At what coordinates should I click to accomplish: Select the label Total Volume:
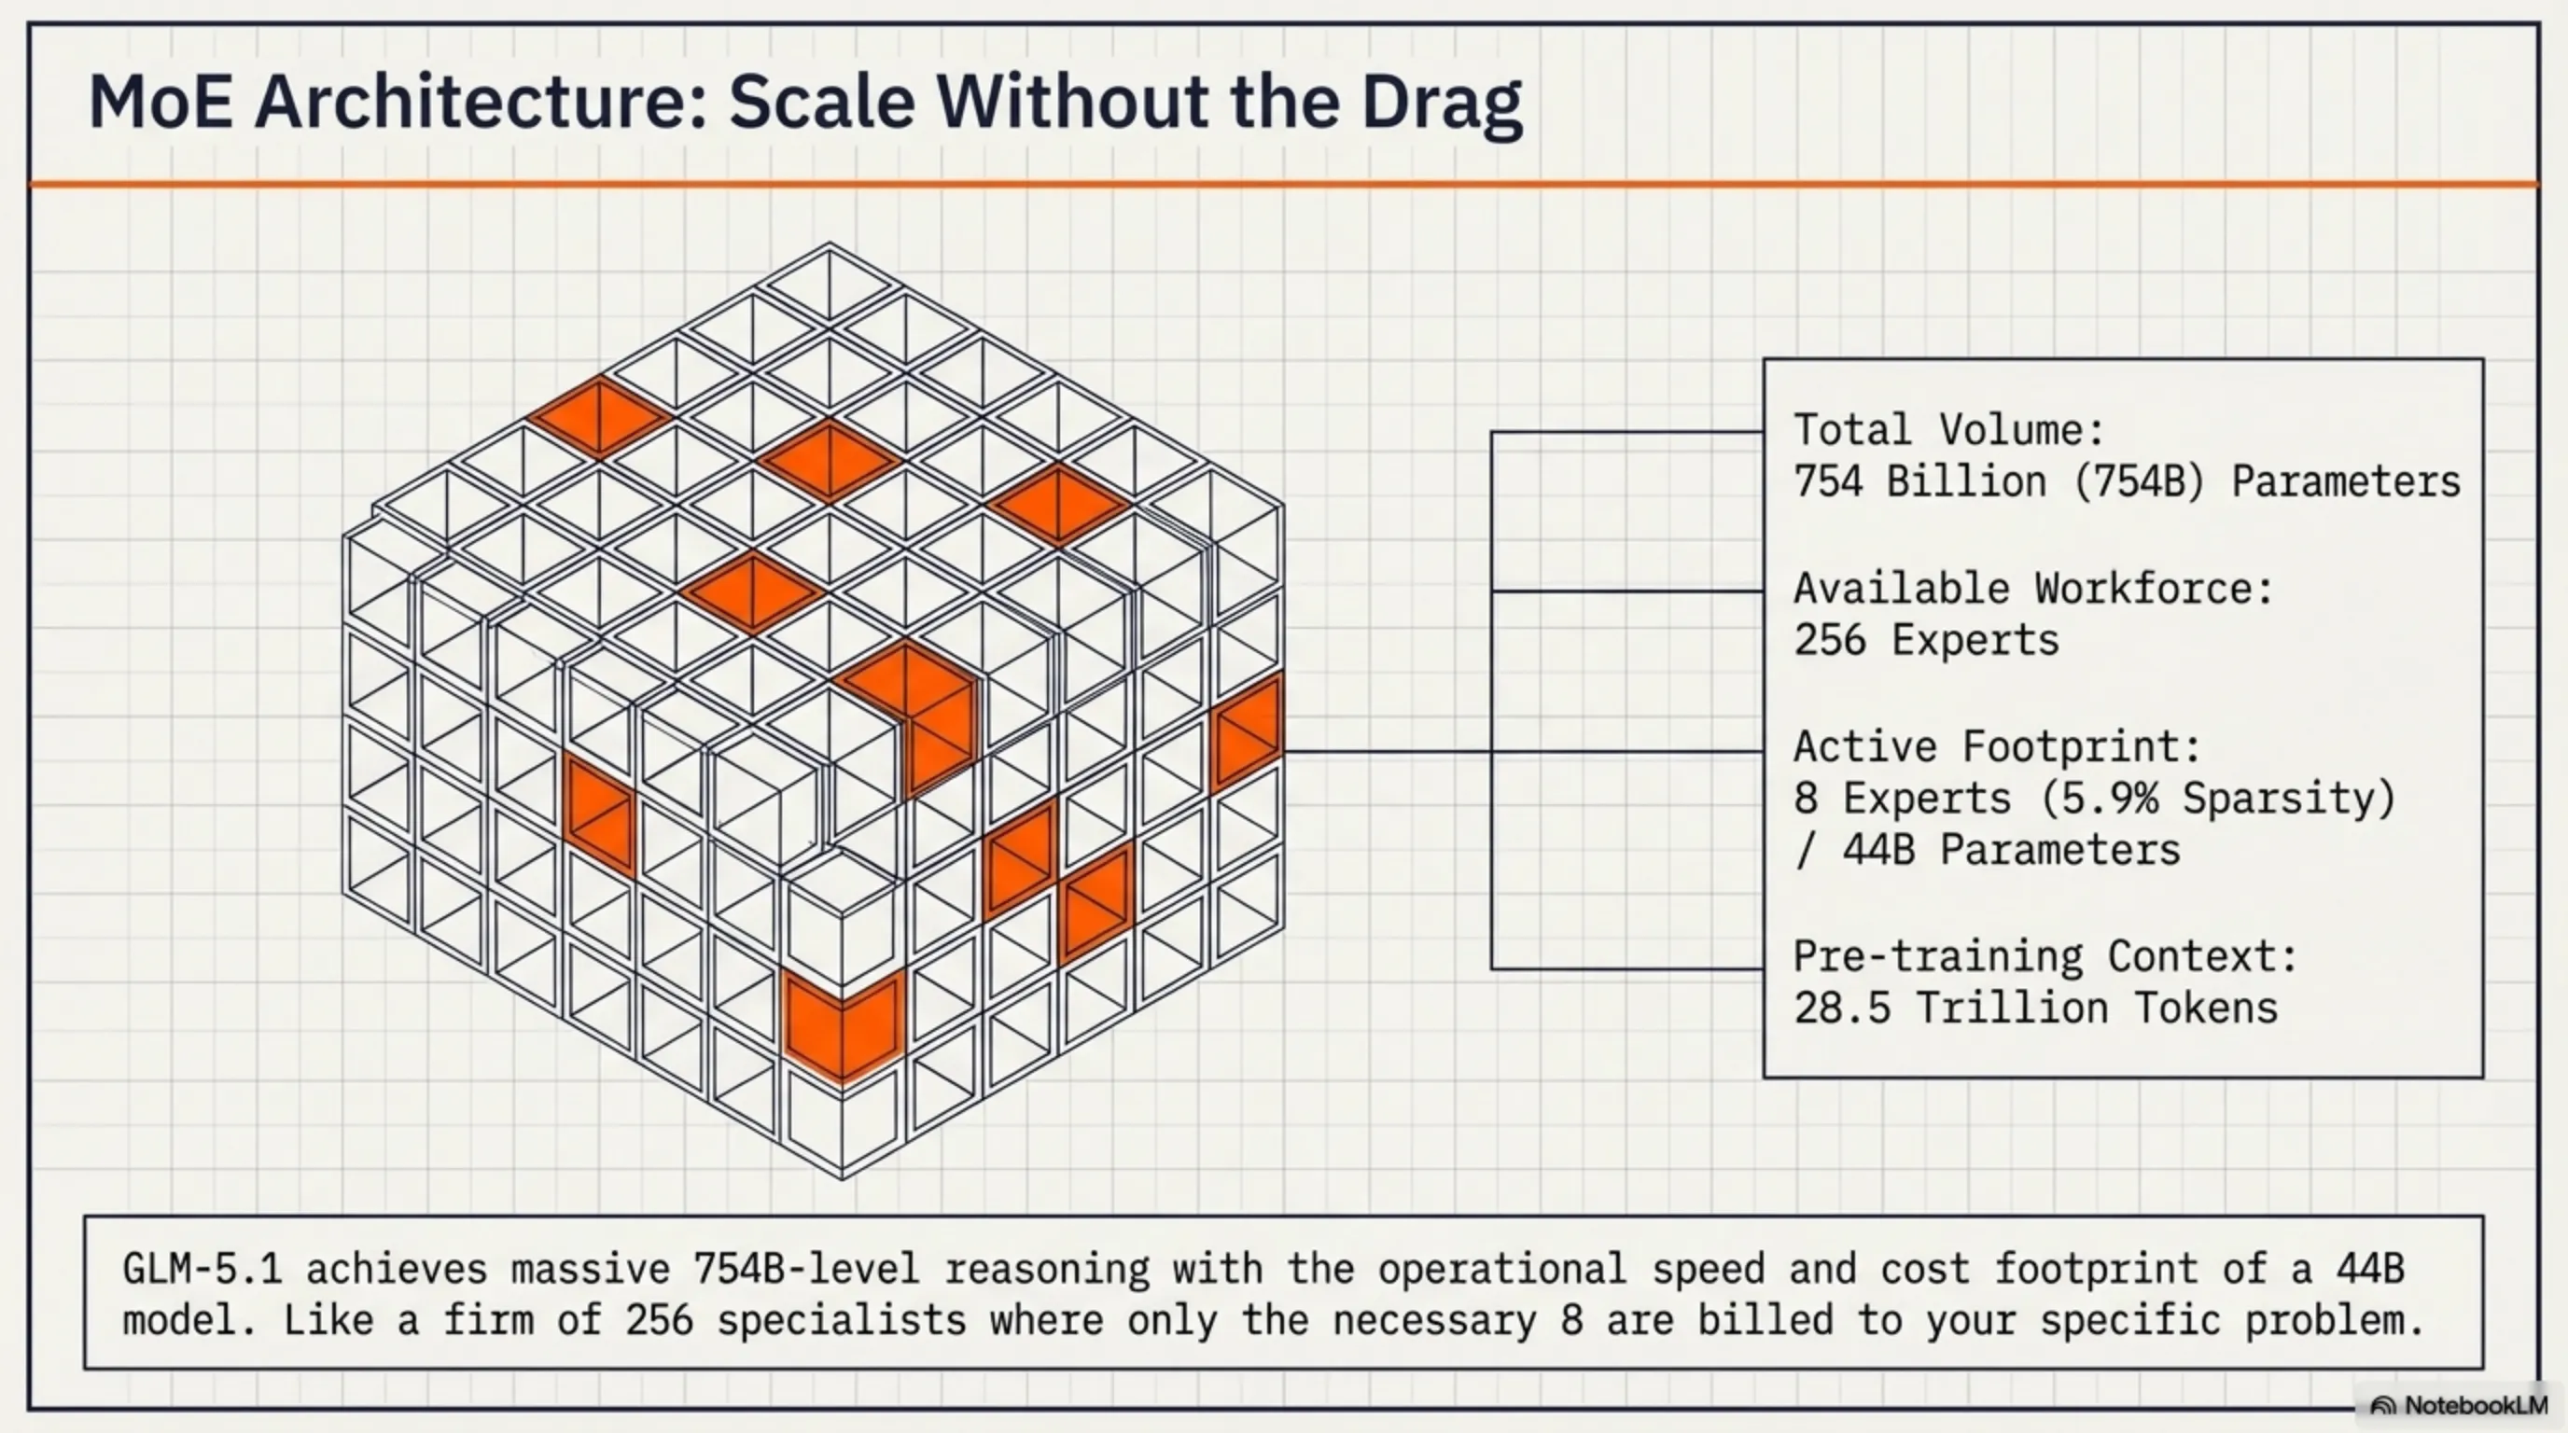pyautogui.click(x=1948, y=430)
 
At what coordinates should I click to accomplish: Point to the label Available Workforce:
pyautogui.click(x=2032, y=589)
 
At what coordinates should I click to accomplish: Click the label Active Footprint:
pyautogui.click(x=1997, y=746)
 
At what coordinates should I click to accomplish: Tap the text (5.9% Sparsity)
pyautogui.click(x=2217, y=799)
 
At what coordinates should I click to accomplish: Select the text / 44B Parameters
pyautogui.click(x=1987, y=850)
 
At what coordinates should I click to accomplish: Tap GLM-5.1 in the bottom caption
pyautogui.click(x=202, y=1270)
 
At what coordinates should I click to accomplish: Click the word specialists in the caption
pyautogui.click(x=842, y=1321)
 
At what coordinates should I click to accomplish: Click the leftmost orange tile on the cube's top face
pyautogui.click(x=599, y=416)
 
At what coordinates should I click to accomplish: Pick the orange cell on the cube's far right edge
pyautogui.click(x=1246, y=733)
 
